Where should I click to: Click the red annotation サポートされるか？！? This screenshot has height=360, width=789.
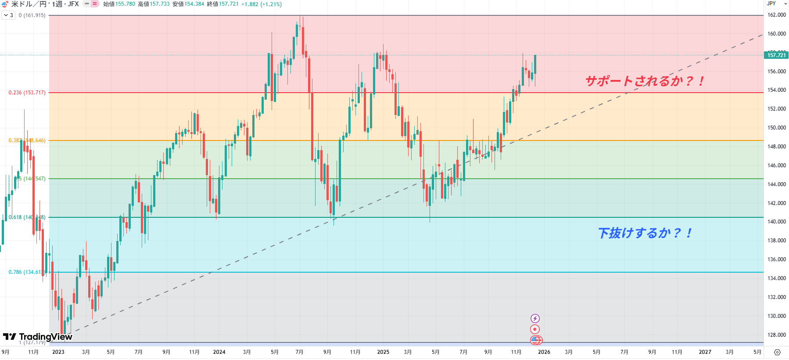click(x=645, y=81)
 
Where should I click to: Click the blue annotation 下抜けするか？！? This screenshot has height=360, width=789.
click(x=645, y=233)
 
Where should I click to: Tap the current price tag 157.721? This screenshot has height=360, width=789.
click(x=776, y=55)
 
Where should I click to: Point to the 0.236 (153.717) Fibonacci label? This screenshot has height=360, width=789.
click(x=27, y=93)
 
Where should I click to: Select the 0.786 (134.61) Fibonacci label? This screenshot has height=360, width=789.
click(x=25, y=272)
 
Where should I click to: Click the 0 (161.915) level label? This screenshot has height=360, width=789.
click(x=32, y=15)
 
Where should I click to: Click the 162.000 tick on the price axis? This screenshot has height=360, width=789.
click(x=776, y=15)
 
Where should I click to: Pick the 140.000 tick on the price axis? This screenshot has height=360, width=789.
click(x=776, y=222)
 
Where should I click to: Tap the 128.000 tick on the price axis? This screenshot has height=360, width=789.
click(x=776, y=335)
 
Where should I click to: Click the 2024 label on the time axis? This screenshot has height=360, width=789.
click(x=219, y=352)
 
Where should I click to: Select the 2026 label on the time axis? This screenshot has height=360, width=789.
click(x=544, y=352)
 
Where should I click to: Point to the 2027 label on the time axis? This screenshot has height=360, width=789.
click(x=705, y=352)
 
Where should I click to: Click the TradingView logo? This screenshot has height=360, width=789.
click(x=38, y=337)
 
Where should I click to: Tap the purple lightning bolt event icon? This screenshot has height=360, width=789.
click(x=535, y=318)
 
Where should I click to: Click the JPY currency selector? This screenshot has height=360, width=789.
click(x=776, y=4)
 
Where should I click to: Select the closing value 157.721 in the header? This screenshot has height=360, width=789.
click(x=229, y=4)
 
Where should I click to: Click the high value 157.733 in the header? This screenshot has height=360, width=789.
click(x=160, y=4)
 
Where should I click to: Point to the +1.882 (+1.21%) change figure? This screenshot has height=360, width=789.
click(x=262, y=4)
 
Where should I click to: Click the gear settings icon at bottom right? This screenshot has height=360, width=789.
click(x=777, y=352)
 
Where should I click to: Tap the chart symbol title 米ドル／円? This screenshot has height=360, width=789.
click(x=29, y=4)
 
